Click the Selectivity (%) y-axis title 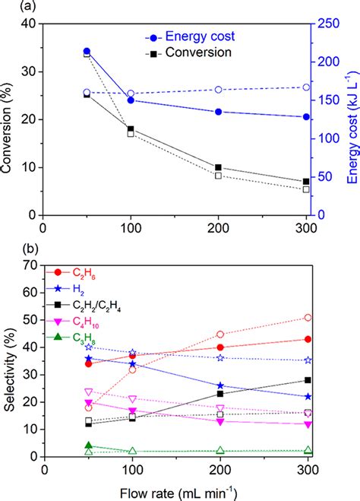(11, 361)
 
